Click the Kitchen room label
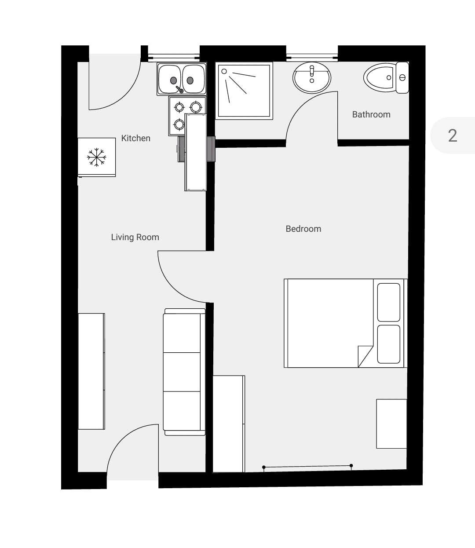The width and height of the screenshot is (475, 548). coord(136,138)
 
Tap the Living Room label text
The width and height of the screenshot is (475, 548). coord(135,237)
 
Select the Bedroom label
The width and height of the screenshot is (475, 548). coord(303,229)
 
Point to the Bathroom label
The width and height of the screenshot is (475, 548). coord(371,114)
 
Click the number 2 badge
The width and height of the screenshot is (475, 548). coord(453,136)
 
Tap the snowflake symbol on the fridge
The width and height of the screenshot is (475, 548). coord(96,157)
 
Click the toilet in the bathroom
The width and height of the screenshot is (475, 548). coord(386,78)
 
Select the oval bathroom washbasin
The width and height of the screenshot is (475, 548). coord(312,78)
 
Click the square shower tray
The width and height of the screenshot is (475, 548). coord(244,91)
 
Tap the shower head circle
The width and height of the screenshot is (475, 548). coord(224,71)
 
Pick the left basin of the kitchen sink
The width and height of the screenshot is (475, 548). coord(170,79)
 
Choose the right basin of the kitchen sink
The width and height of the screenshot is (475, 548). coord(194,79)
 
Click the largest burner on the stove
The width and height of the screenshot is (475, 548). coord(196,107)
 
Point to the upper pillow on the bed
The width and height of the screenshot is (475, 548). coord(389,302)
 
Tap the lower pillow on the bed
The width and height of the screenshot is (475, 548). coord(389,344)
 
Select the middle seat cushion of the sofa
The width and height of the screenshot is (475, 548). coord(182,372)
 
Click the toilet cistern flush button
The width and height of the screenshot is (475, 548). coord(402,78)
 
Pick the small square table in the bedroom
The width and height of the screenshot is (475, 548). coord(391,424)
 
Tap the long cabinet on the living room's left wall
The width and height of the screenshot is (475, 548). coord(91,371)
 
